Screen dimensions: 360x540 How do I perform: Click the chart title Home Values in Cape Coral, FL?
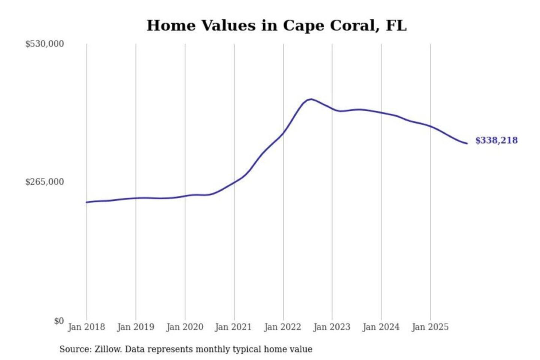tap(276, 25)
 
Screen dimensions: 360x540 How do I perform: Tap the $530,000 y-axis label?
tap(44, 44)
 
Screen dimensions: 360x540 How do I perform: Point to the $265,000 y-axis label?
tap(44, 182)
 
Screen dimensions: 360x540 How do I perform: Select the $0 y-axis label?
tap(59, 321)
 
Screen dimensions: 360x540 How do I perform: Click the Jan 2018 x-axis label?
tap(86, 327)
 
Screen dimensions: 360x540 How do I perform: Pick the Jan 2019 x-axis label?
tap(135, 327)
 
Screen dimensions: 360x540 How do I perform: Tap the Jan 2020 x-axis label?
tap(184, 327)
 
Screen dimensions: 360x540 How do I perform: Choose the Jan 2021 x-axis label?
tap(233, 327)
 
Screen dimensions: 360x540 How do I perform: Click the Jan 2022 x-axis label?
tap(282, 327)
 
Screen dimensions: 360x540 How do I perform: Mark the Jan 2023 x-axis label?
tap(331, 327)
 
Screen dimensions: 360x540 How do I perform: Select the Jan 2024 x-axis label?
tap(381, 327)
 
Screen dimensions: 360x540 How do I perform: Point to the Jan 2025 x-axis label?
tap(430, 327)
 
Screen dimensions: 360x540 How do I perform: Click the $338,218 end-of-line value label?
tap(496, 140)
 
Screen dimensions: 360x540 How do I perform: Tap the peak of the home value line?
tap(310, 99)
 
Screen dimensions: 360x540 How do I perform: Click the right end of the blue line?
tap(466, 143)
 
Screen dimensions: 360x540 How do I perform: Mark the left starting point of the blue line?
tap(87, 202)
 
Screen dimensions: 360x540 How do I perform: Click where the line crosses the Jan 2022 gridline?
tap(283, 132)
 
